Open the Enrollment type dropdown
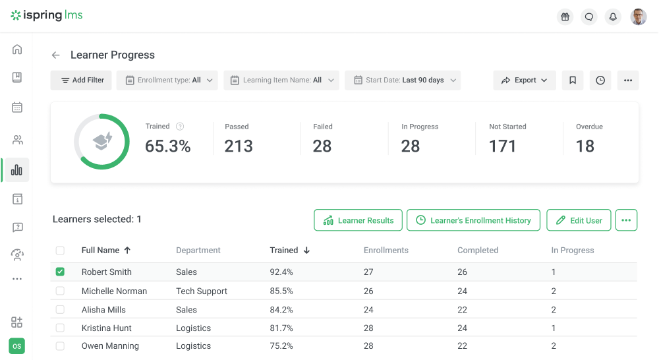click(x=167, y=80)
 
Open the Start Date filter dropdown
click(x=403, y=80)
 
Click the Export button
click(x=525, y=80)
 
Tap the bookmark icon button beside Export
click(x=573, y=80)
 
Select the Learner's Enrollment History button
click(x=473, y=220)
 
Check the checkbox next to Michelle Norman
click(x=61, y=291)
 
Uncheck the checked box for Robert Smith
click(x=61, y=272)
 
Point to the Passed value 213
click(x=239, y=146)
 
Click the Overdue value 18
click(x=585, y=146)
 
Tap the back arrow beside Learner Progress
click(x=56, y=55)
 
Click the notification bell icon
click(x=614, y=17)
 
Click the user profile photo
click(x=638, y=17)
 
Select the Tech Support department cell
click(x=202, y=291)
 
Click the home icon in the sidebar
click(x=17, y=49)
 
